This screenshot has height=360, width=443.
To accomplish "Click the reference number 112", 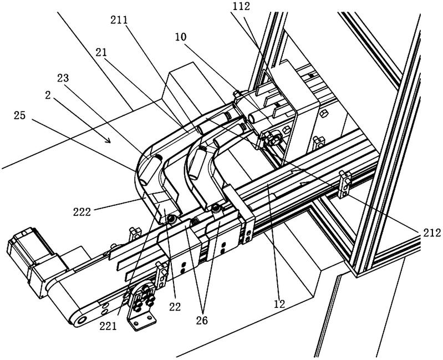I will pos(241,7).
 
